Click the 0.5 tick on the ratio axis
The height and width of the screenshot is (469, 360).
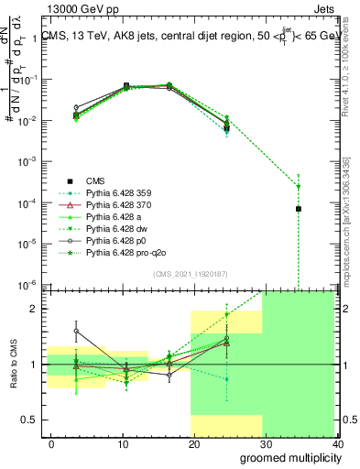(x=33, y=420)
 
